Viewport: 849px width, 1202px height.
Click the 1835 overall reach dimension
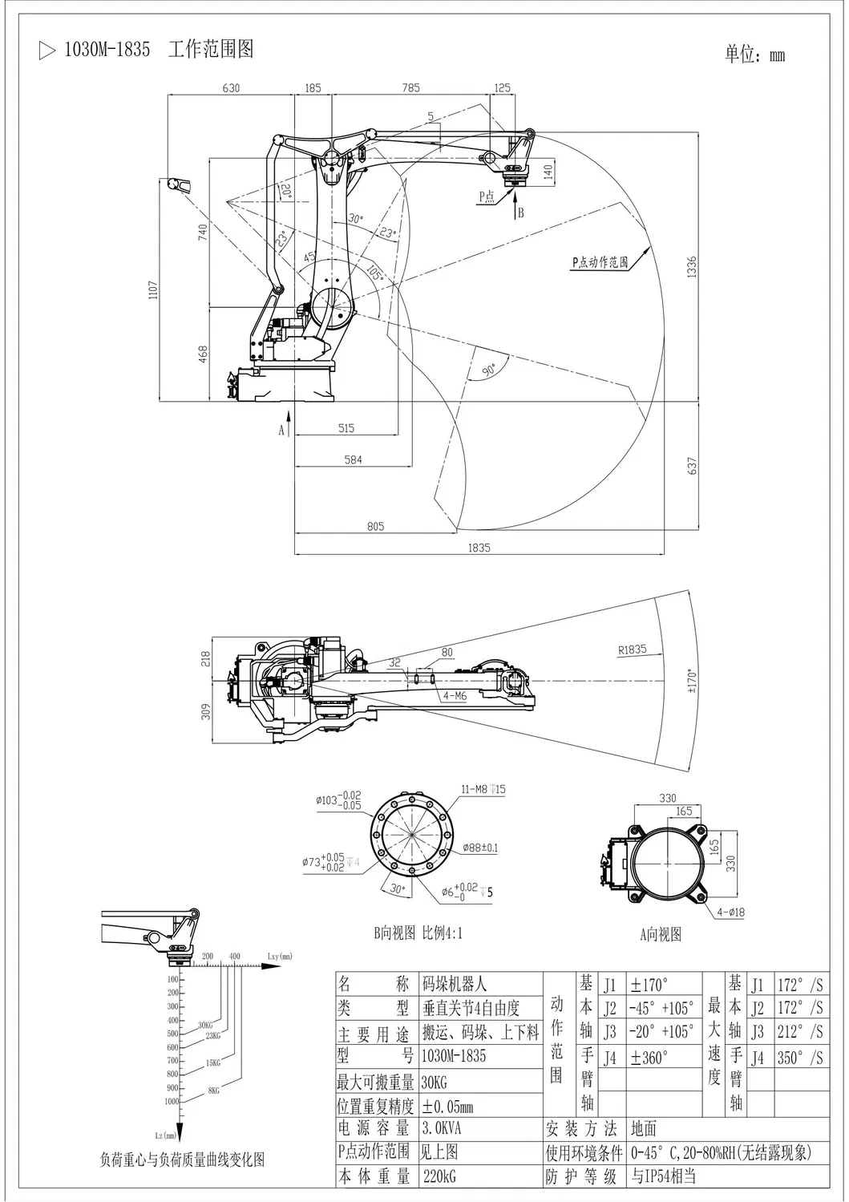click(480, 548)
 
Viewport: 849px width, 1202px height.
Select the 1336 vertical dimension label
click(692, 267)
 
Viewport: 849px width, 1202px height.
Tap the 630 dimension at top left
click(231, 88)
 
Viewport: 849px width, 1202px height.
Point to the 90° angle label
click(488, 368)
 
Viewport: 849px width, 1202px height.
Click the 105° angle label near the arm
click(374, 272)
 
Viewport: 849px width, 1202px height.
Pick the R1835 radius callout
click(632, 650)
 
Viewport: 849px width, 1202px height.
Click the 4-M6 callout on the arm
click(455, 696)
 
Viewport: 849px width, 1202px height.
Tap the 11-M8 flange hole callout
click(483, 790)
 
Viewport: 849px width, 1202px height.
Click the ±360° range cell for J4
click(649, 1057)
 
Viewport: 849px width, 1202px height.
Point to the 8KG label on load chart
click(213, 1091)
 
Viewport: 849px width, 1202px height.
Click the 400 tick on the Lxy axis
click(234, 957)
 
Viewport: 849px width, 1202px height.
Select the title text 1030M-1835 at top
click(107, 50)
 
